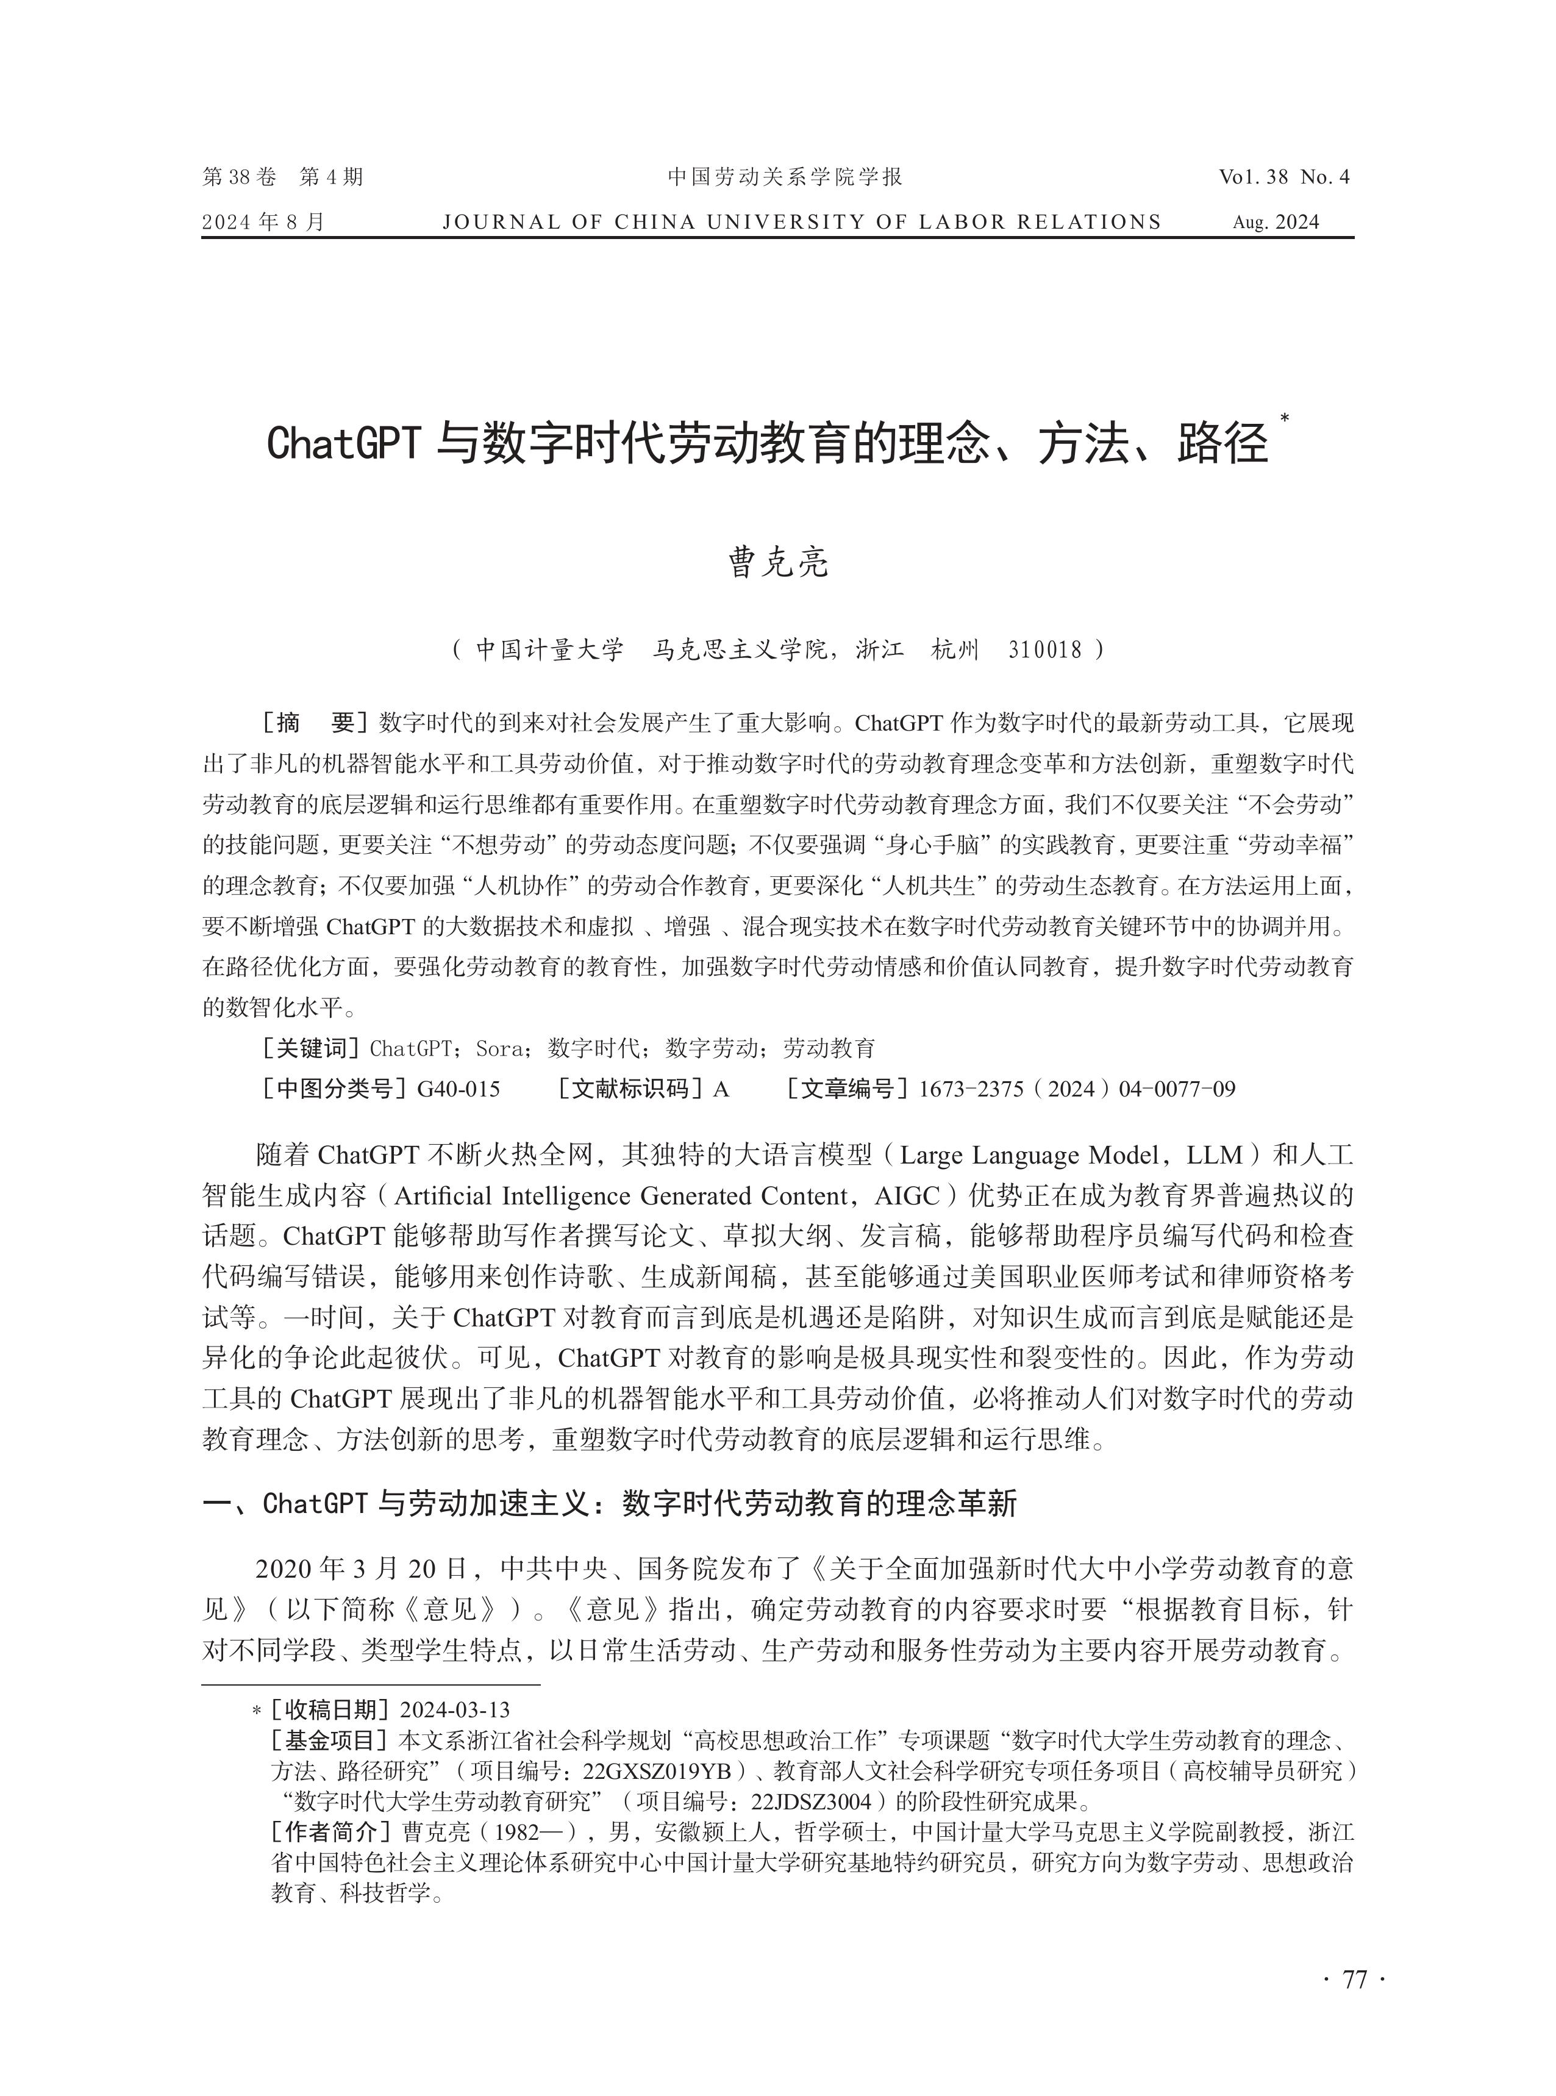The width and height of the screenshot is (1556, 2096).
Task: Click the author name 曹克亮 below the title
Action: point(778,562)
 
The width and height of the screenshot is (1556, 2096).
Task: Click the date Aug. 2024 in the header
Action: point(1276,223)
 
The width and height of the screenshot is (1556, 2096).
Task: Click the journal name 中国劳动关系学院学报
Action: point(785,176)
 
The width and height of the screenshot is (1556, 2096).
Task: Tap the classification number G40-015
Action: point(459,1089)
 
